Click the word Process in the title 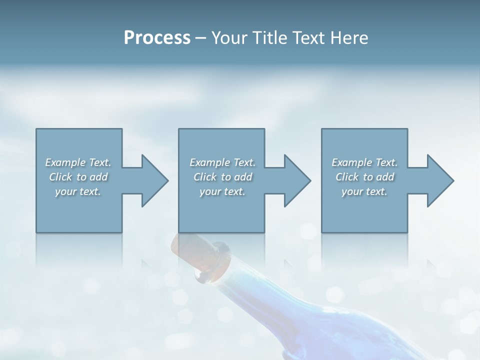click(157, 38)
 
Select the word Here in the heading click(349, 38)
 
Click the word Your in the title click(227, 38)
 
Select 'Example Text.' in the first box click(78, 162)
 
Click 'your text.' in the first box click(78, 191)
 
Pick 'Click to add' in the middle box click(222, 177)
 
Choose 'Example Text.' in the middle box click(222, 162)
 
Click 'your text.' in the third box click(364, 191)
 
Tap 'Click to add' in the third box click(364, 177)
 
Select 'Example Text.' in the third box click(364, 162)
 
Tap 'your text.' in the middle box click(222, 191)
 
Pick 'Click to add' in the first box click(78, 177)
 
